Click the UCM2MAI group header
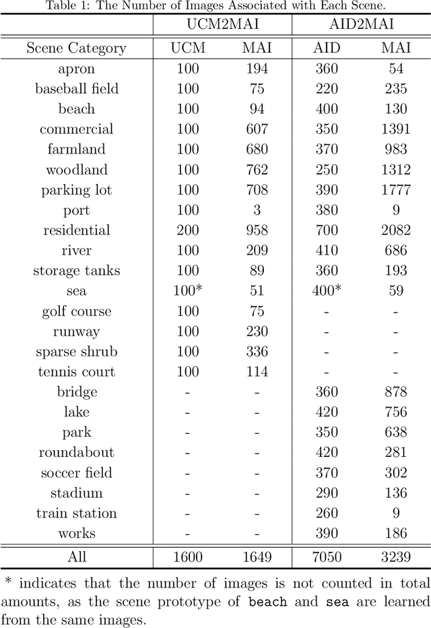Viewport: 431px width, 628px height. click(222, 25)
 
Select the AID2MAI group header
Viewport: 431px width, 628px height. click(360, 25)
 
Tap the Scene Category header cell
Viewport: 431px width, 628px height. click(76, 49)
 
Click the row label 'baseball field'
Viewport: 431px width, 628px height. click(76, 89)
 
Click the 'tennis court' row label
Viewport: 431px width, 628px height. click(76, 372)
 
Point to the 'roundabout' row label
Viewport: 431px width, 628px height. click(76, 453)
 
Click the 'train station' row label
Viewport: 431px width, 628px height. click(76, 513)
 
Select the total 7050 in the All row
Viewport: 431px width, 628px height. click(327, 557)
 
